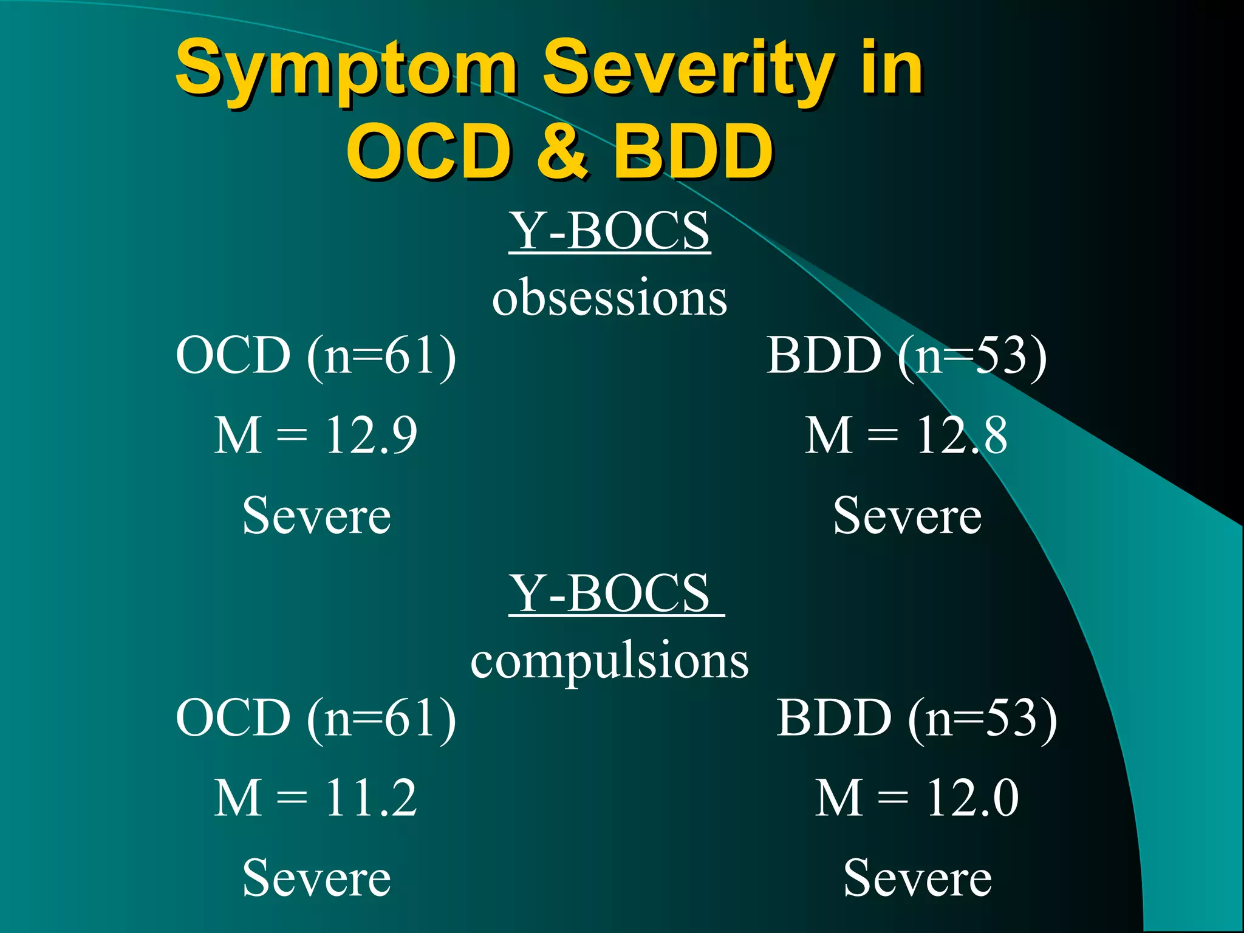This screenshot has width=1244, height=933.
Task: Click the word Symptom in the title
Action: [346, 70]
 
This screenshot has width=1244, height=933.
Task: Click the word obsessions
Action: [609, 298]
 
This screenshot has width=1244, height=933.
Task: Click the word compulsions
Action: [609, 661]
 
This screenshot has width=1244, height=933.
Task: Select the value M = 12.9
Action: [316, 435]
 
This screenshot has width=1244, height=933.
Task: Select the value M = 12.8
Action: [906, 435]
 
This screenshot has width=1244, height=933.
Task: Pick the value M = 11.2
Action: [316, 798]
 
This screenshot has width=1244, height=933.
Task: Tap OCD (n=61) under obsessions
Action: [316, 356]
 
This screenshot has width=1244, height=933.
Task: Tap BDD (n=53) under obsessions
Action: [906, 356]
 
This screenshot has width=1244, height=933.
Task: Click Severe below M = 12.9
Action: [316, 516]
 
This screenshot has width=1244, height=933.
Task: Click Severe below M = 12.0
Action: [917, 878]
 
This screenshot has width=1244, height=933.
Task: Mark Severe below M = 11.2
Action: [316, 878]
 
